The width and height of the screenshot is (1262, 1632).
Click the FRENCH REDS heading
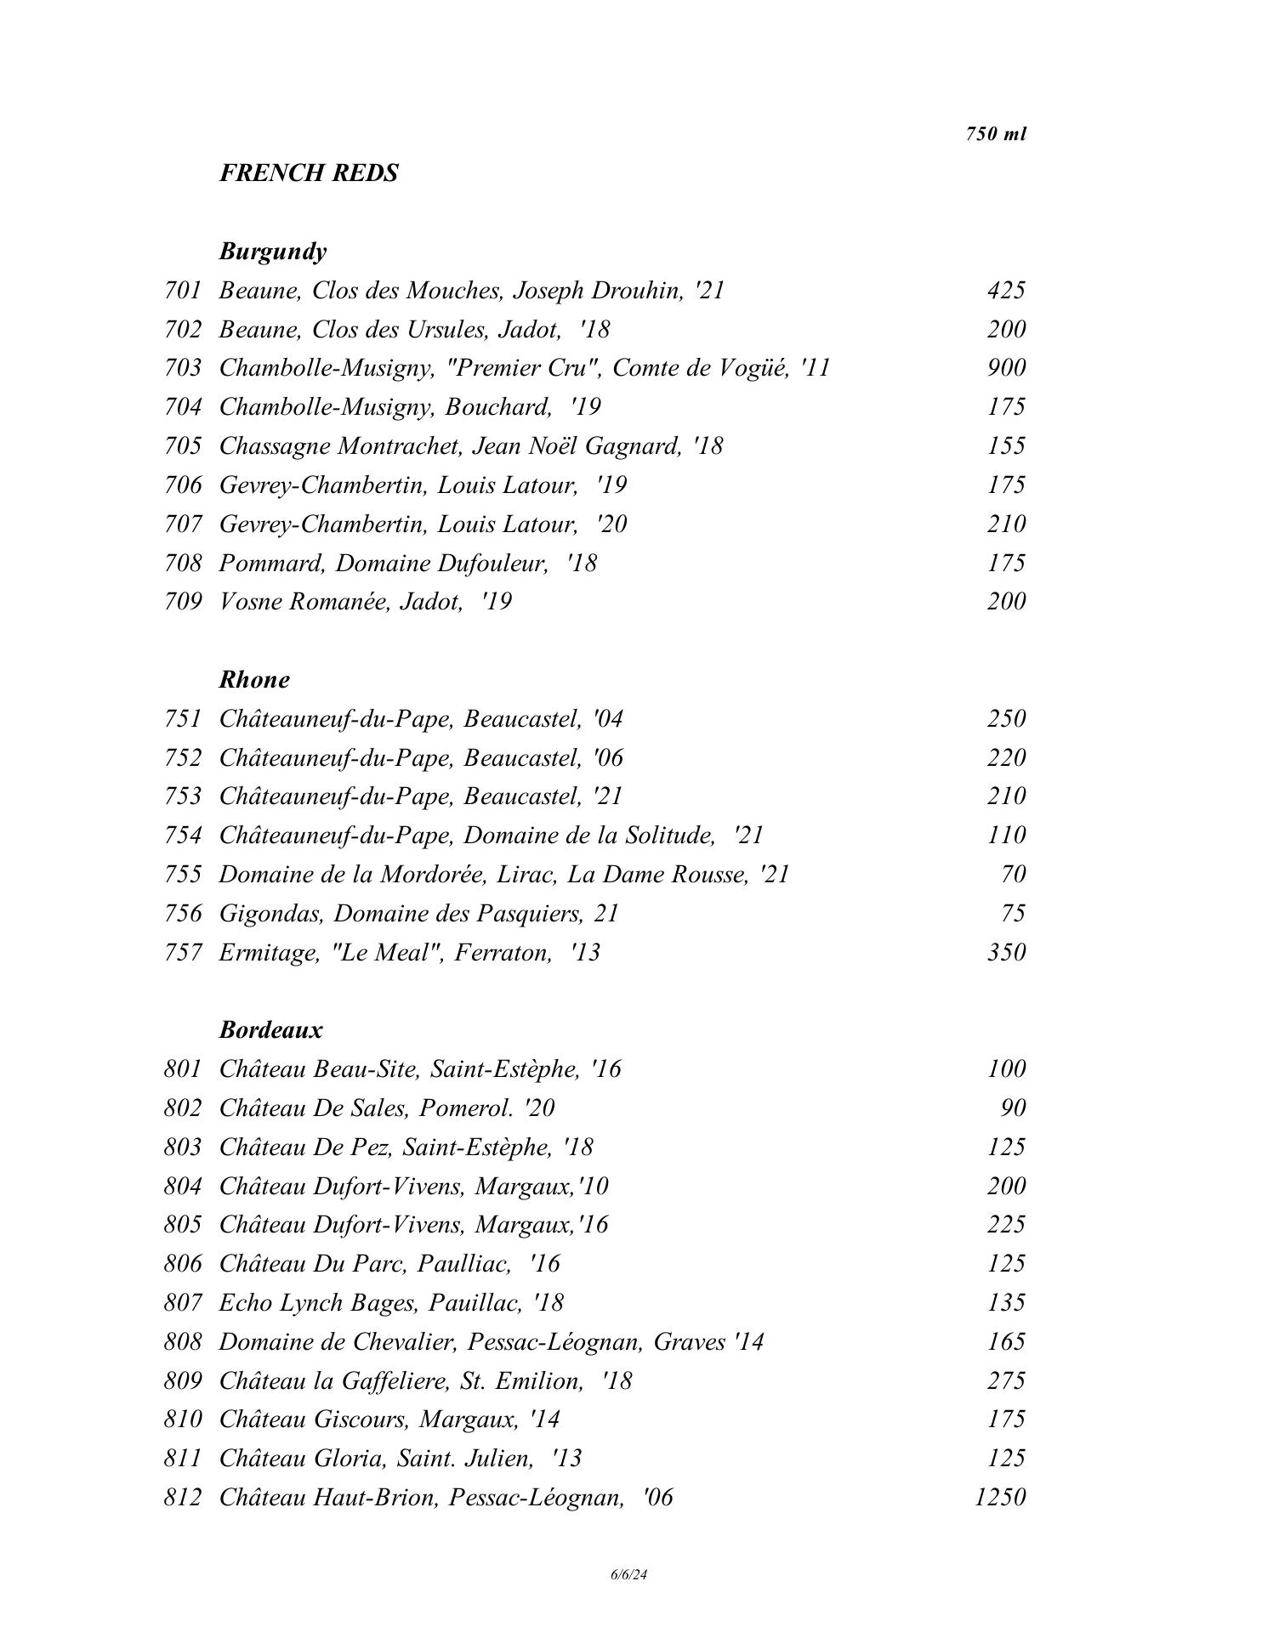(309, 173)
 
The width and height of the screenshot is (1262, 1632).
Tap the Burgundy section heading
(272, 252)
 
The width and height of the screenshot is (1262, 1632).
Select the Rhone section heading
(254, 680)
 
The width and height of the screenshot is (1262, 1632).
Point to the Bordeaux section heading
(271, 1030)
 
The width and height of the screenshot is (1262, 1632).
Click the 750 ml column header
(996, 134)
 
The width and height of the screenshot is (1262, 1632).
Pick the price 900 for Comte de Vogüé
(1006, 368)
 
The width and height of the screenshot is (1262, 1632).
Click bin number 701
(183, 291)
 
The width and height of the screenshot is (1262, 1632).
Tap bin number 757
(183, 952)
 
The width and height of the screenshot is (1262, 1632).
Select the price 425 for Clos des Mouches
(1006, 291)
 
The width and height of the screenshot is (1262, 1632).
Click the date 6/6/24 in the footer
(629, 1575)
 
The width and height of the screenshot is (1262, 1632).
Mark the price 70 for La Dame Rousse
(1013, 875)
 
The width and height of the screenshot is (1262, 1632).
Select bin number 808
(183, 1342)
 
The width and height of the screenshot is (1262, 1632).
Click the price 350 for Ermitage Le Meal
(1006, 952)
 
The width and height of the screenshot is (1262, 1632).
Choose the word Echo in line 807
(245, 1303)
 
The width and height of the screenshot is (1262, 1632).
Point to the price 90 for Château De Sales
(1013, 1108)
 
